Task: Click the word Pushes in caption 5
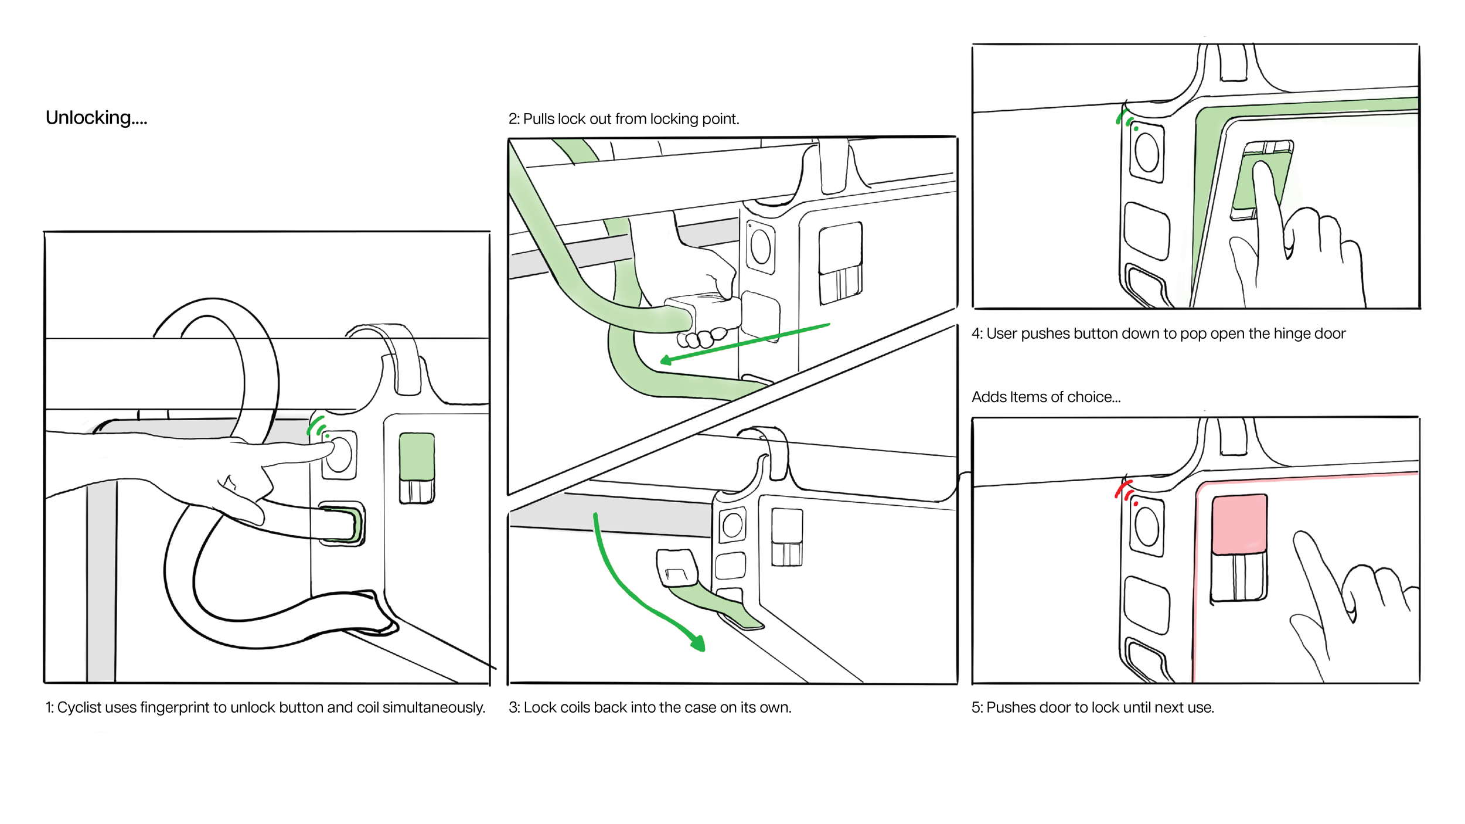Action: click(1007, 707)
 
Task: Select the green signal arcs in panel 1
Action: click(318, 426)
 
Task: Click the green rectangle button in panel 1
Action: click(417, 457)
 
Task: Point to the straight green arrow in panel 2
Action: click(744, 342)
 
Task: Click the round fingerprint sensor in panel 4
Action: click(1147, 151)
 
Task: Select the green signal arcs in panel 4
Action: click(1126, 118)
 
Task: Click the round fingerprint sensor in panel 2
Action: click(761, 247)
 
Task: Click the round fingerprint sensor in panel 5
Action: click(1147, 526)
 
